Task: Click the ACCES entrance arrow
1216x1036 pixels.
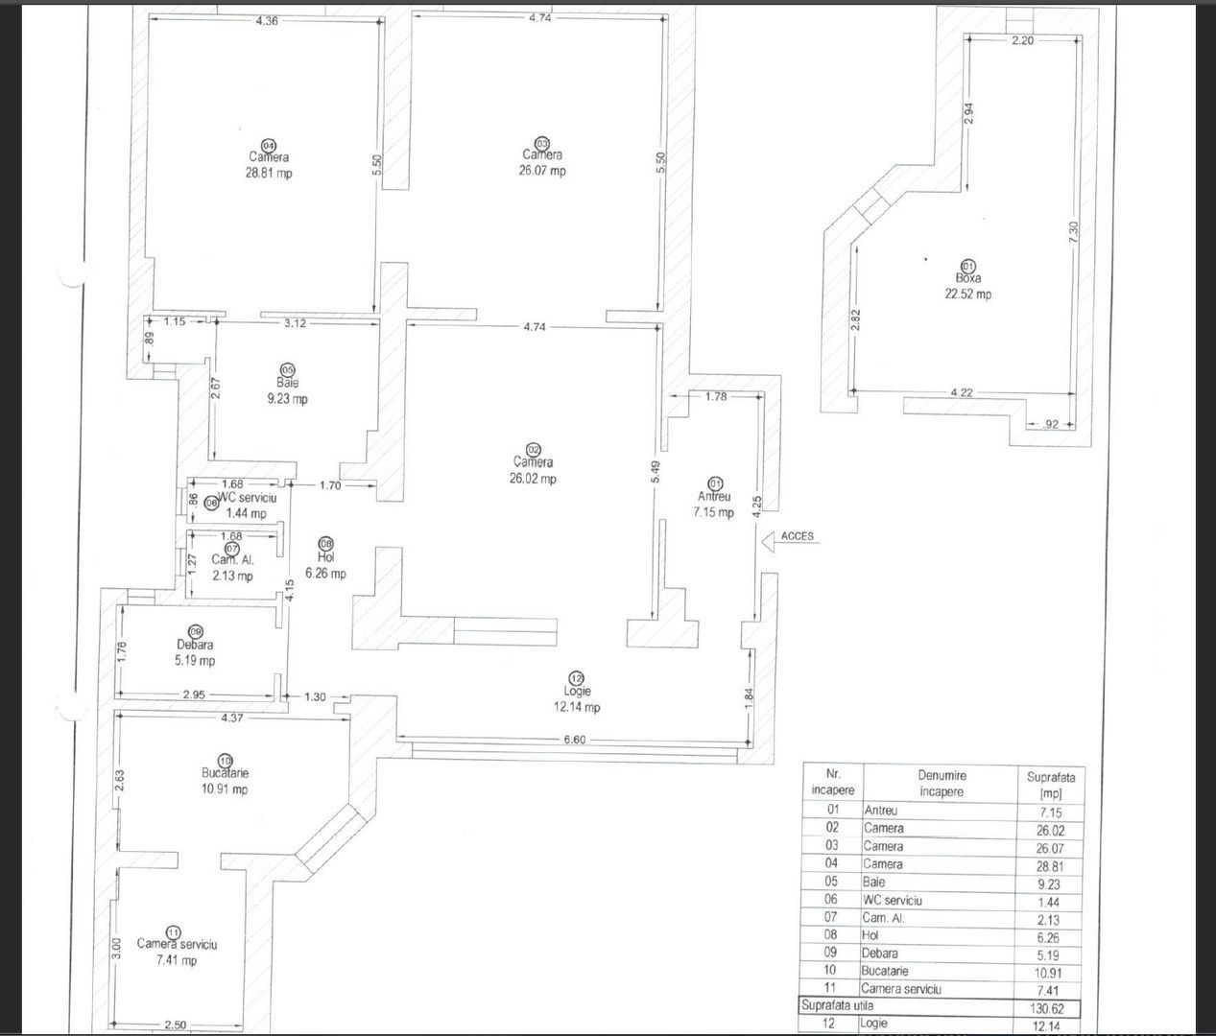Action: pos(768,542)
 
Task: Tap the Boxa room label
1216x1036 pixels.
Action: pos(967,278)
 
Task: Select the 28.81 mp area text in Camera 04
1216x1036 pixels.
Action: pos(269,174)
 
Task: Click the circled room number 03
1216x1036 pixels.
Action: pos(541,142)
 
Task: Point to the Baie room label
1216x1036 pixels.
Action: pos(287,384)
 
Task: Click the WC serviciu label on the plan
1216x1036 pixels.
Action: pos(247,499)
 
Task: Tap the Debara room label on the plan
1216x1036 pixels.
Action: pos(195,646)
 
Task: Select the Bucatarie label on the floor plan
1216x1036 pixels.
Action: pos(225,773)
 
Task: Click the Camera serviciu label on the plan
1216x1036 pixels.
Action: pos(177,944)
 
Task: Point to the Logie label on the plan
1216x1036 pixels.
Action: pos(577,692)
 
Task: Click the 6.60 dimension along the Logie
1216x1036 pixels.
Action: pos(574,740)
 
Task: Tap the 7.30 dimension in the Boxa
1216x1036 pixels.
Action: pos(1074,231)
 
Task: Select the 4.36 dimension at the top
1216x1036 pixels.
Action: pos(267,20)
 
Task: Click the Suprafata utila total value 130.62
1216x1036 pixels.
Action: pos(1049,1008)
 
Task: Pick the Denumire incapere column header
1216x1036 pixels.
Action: pos(941,784)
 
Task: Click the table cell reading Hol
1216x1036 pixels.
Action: pos(871,935)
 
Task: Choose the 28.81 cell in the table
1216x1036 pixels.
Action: pos(1049,865)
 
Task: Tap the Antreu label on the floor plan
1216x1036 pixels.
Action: pos(714,497)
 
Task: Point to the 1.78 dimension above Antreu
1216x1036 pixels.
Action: pos(716,396)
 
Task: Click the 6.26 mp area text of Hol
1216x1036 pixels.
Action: pos(325,574)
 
